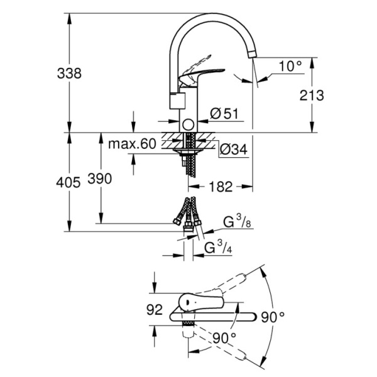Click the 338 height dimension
coord(70,73)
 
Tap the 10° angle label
coord(290,65)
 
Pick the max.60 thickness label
coord(131,144)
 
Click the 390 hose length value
coord(99,179)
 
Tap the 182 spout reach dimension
coord(220,187)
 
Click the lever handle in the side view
coord(204,73)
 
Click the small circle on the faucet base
coord(187,124)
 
